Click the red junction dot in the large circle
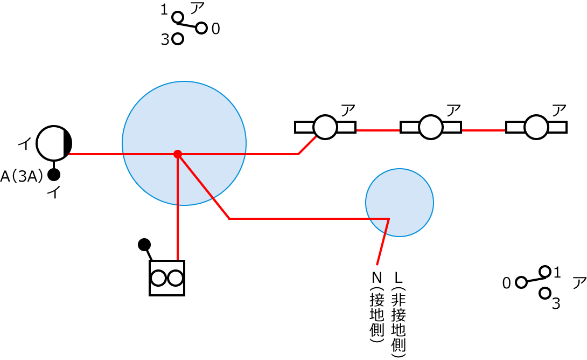tap(178, 154)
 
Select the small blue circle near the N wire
tap(400, 203)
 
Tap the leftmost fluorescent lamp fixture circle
tap(325, 127)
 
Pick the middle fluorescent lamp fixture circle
tap(431, 127)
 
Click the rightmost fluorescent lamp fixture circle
tap(536, 127)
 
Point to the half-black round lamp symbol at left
tap(54, 143)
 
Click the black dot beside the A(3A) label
tap(54, 175)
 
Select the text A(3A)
tap(22, 176)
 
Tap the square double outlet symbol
tap(167, 278)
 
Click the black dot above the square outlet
tap(144, 245)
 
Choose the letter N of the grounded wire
tap(377, 278)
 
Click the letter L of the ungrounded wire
tap(399, 278)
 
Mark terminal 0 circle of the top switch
tap(201, 28)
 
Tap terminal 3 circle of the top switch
tap(178, 39)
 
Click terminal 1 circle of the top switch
tap(178, 17)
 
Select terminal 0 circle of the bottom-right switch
tap(521, 282)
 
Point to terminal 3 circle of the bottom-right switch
tap(545, 293)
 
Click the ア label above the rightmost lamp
tap(560, 110)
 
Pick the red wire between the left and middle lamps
tap(378, 130)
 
